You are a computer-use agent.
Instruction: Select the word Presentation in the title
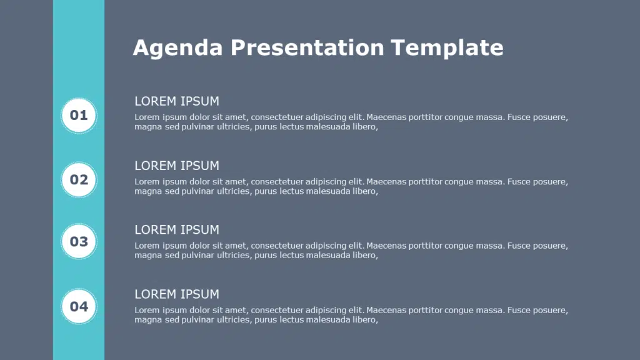point(307,47)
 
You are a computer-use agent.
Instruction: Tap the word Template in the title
point(447,48)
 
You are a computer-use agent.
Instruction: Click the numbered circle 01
point(79,116)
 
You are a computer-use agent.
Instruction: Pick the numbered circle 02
point(79,180)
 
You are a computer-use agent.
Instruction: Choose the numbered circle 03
point(79,241)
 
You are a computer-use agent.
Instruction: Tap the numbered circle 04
point(79,306)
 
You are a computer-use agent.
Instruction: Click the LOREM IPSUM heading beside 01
point(177,101)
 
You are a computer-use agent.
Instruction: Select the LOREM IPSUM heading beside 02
point(177,166)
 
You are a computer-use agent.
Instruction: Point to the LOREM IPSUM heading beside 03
point(177,230)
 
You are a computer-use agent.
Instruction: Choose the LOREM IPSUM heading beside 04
point(177,294)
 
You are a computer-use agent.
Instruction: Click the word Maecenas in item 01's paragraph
point(386,117)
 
